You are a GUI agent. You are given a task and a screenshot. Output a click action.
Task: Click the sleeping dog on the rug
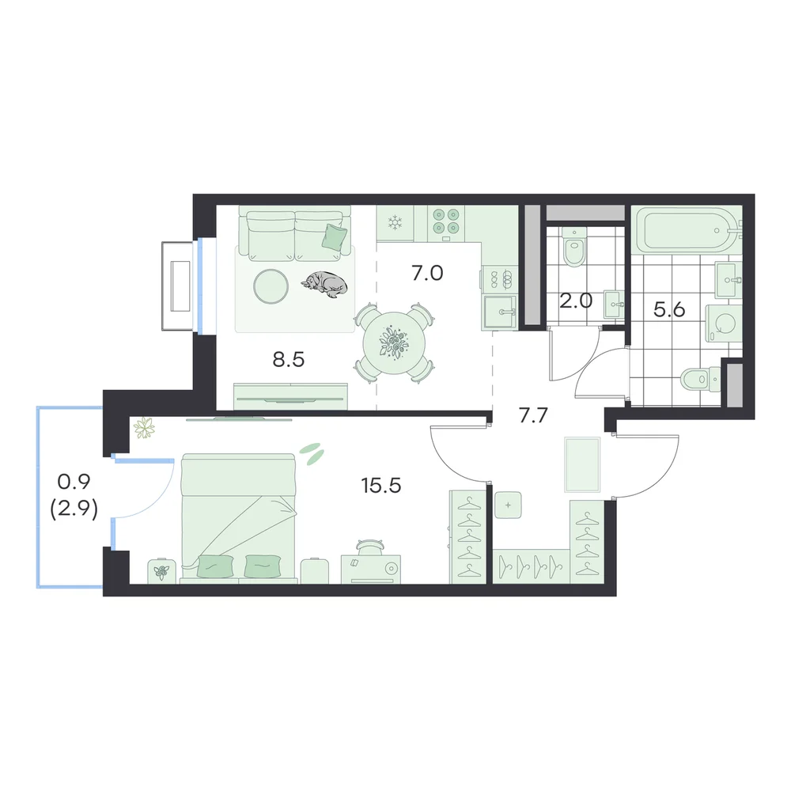point(325,284)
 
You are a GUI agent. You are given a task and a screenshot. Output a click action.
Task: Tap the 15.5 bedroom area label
point(381,486)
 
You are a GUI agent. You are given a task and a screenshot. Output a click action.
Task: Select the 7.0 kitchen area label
point(427,273)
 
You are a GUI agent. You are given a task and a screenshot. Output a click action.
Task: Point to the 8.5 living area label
point(288,360)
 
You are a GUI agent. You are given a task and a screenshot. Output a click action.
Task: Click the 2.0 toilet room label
point(576,301)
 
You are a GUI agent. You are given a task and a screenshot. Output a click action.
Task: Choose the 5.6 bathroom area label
point(669,309)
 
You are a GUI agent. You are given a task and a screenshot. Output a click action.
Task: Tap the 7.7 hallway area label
point(533,415)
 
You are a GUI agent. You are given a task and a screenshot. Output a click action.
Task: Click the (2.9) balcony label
point(74,509)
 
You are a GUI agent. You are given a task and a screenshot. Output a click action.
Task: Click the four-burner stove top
point(446,224)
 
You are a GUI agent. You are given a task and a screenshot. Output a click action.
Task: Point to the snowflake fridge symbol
point(395,222)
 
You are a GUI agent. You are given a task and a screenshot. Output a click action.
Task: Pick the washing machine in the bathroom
point(724,324)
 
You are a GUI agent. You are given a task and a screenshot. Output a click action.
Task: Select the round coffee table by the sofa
point(271,286)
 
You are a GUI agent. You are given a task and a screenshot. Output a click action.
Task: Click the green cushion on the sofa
point(335,237)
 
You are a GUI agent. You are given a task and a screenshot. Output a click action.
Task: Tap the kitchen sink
point(499,312)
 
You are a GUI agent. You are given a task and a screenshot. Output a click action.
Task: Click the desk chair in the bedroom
point(369,547)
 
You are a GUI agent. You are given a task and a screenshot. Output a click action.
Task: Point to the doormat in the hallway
point(583,464)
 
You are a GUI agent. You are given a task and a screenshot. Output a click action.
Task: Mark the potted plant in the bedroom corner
point(144,428)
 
